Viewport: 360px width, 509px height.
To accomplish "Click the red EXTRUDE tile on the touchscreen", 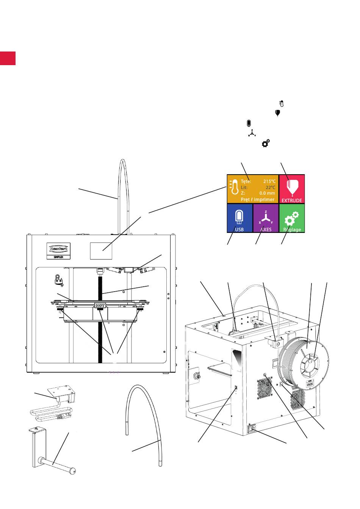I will [292, 189].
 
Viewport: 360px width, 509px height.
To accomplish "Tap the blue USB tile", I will [239, 218].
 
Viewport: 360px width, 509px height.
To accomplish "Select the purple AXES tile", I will [266, 218].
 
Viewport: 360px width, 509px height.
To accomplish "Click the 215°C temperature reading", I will [269, 181].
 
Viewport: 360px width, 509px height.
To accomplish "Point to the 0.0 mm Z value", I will [267, 193].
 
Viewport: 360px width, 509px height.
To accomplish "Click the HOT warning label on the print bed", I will [100, 305].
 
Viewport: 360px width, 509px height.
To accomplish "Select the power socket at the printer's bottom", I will [251, 429].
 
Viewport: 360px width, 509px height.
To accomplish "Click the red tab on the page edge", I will [8, 58].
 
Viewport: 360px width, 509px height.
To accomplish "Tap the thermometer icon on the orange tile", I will [234, 188].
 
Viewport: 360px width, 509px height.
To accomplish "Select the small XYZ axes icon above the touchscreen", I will [252, 133].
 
